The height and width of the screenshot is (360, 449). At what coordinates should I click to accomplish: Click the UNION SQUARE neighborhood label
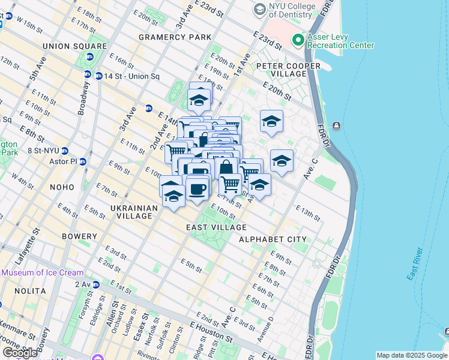coord(74,46)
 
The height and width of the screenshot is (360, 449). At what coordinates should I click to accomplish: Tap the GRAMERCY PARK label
coord(175,37)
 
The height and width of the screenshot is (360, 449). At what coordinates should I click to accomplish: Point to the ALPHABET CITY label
coord(273,239)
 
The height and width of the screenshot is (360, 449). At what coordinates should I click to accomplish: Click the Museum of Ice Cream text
coord(42,272)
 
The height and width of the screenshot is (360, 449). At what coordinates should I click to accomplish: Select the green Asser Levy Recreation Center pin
coord(297,40)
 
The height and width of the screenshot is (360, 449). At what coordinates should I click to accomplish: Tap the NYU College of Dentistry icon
coord(259,9)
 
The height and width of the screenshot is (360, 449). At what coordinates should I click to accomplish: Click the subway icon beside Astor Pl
coord(83,162)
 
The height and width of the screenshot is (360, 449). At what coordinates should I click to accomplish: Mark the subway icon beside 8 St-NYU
coord(65,151)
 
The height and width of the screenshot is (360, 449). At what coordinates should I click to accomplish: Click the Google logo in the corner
coord(20,353)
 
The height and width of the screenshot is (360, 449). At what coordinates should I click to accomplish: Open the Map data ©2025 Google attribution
coord(412,355)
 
